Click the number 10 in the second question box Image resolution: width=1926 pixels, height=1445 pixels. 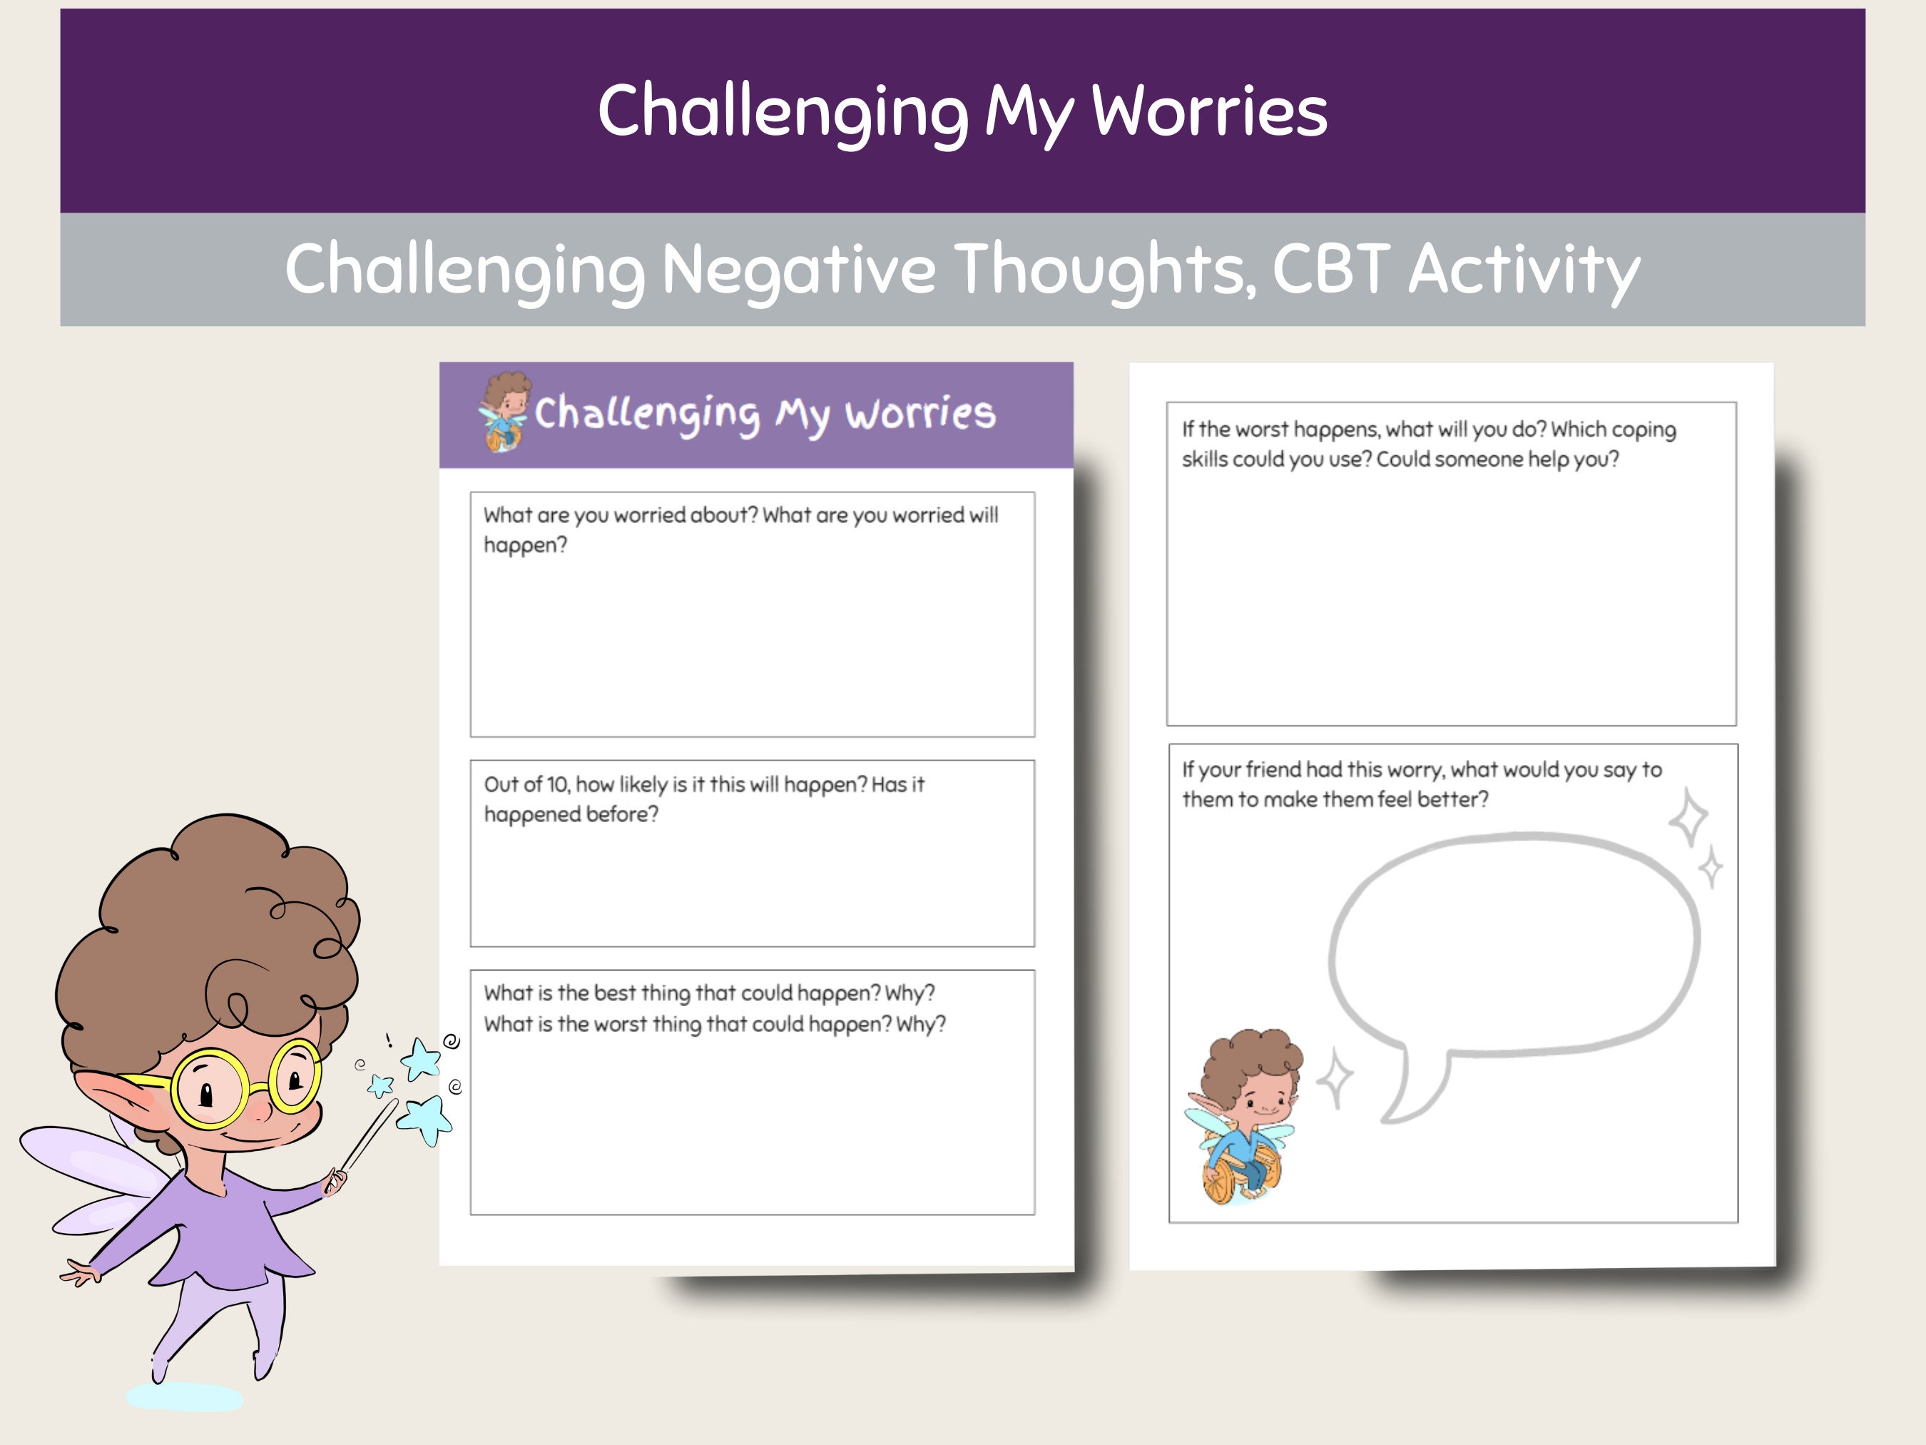pyautogui.click(x=557, y=785)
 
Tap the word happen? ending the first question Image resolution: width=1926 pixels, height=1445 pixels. pyautogui.click(x=525, y=545)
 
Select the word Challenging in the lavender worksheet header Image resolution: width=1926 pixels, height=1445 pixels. pyautogui.click(x=647, y=414)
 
